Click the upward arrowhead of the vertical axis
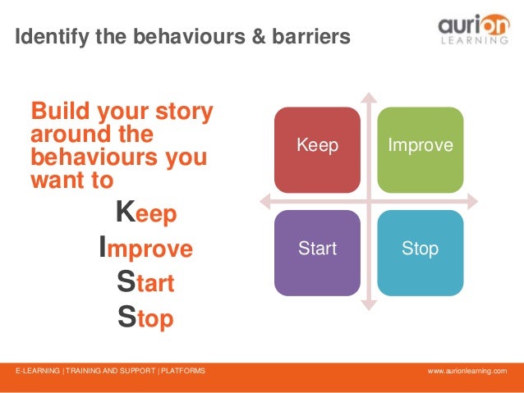click(369, 97)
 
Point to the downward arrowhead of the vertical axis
click(369, 304)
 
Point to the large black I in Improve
click(103, 247)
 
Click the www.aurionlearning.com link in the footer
click(467, 372)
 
